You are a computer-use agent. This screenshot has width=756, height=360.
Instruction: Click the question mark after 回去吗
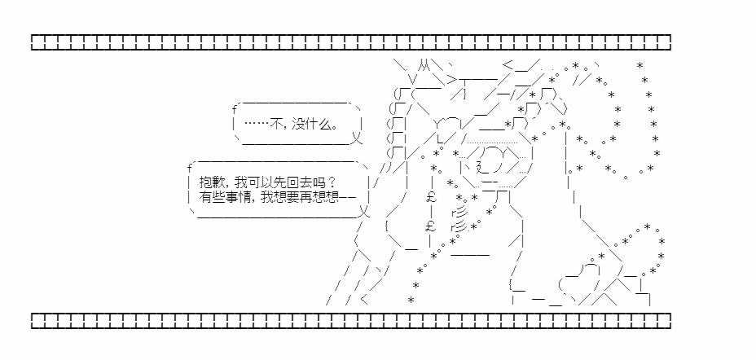click(330, 182)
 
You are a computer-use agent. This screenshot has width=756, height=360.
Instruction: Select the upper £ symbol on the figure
click(432, 196)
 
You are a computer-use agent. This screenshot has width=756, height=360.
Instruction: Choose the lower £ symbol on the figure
click(432, 226)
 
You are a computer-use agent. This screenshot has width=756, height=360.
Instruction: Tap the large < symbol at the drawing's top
click(508, 64)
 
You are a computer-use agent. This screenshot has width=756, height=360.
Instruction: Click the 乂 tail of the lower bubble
click(364, 211)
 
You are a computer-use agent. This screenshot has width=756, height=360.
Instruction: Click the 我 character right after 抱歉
click(244, 182)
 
